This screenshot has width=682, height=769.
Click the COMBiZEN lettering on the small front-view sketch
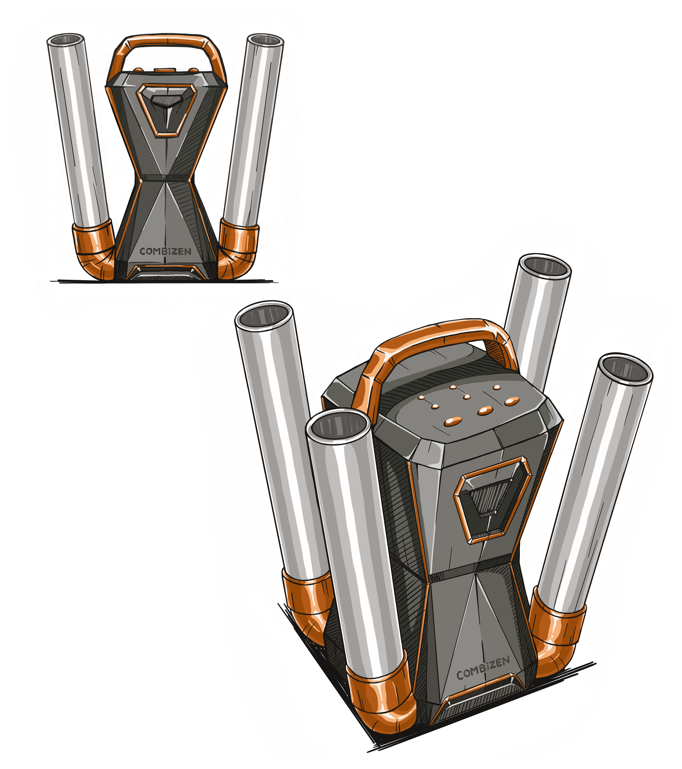point(165,251)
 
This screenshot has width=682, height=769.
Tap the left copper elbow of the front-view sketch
point(94,250)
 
